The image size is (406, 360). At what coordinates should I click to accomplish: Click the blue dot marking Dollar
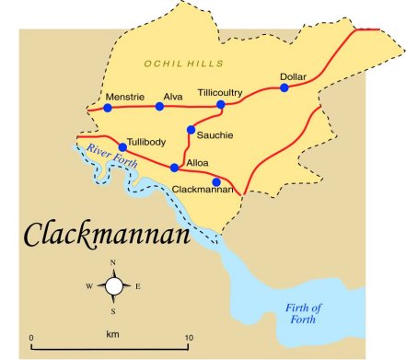(x=284, y=87)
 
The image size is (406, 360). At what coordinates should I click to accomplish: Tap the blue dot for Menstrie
(x=108, y=108)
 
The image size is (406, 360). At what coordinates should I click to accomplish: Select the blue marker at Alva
(x=159, y=107)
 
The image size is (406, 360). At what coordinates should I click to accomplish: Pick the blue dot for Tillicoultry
(x=221, y=105)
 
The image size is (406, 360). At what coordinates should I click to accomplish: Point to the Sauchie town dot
(x=191, y=130)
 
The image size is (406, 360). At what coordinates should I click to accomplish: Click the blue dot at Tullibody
(x=122, y=146)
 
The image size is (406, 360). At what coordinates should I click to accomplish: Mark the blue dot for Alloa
(x=175, y=168)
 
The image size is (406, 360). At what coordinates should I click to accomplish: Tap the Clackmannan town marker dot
(x=216, y=181)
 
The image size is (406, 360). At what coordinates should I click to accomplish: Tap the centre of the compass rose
(x=114, y=286)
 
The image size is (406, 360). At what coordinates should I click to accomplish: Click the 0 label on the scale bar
(x=32, y=338)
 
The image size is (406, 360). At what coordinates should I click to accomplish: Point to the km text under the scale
(x=110, y=333)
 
